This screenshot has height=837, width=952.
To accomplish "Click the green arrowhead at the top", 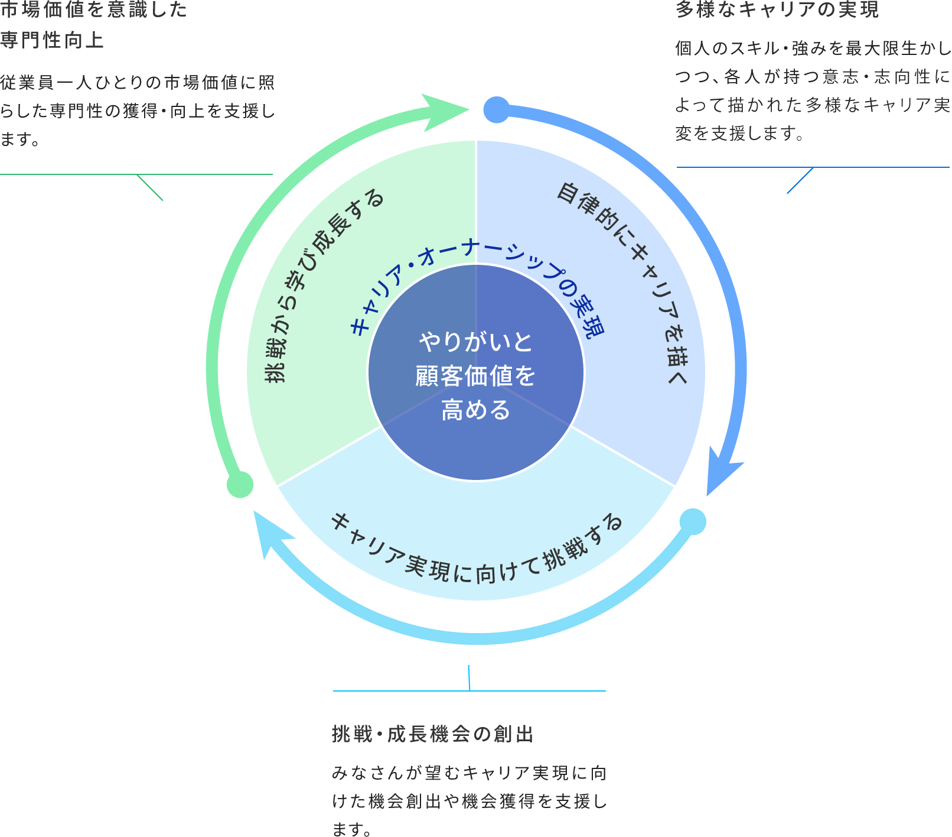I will [445, 110].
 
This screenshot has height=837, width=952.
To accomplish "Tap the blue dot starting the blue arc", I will [497, 110].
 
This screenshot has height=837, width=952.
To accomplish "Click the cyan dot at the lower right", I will [693, 521].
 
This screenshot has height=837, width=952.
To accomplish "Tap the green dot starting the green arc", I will [240, 485].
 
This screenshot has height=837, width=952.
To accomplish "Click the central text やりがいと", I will [475, 342].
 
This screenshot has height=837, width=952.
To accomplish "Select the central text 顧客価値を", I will [475, 376].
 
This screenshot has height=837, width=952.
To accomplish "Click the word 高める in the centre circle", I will [475, 410].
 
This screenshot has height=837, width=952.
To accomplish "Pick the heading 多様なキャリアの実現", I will [777, 9].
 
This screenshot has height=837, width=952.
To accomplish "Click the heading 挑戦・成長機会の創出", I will [433, 734].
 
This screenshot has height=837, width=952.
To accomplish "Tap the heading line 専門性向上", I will [52, 40].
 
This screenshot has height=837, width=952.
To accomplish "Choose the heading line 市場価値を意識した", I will [93, 9].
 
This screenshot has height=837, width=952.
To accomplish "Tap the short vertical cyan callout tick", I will [469, 677].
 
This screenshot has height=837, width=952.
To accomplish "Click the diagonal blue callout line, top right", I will [800, 180].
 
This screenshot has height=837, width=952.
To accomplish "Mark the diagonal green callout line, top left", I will [150, 188].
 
